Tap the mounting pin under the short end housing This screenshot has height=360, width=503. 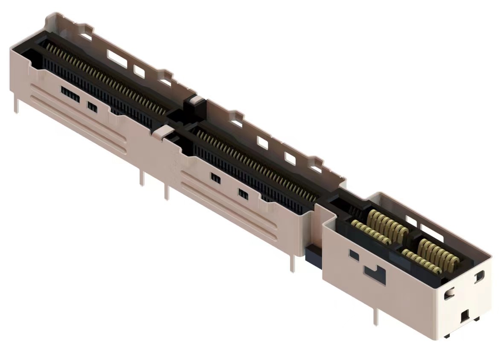(376, 316)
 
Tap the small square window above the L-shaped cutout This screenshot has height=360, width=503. (354, 255)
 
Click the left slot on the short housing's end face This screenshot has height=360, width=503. (449, 294)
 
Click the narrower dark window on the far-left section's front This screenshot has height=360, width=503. (92, 107)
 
